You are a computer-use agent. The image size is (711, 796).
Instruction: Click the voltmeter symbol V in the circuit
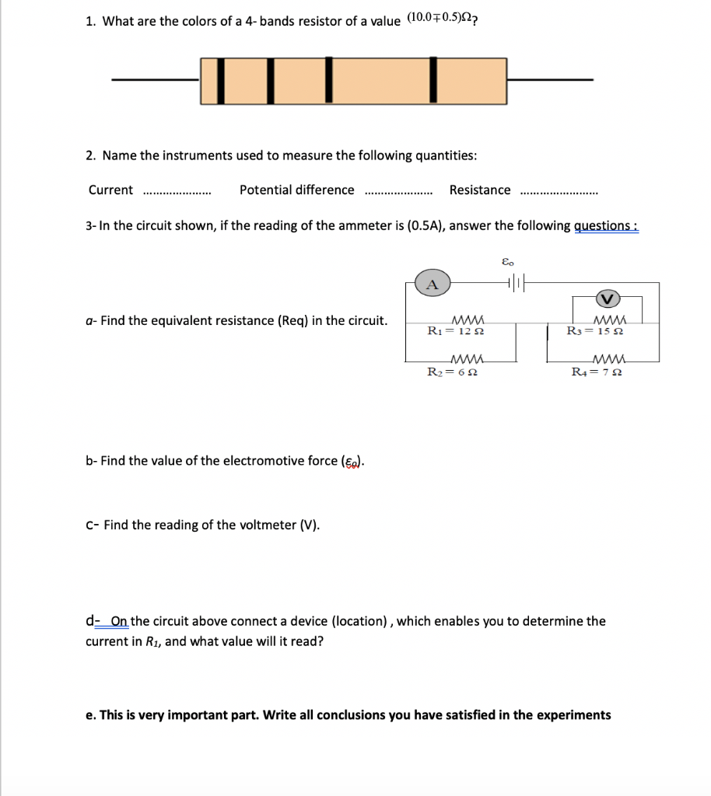(x=607, y=297)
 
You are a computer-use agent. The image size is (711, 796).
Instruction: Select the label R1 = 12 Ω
(x=457, y=331)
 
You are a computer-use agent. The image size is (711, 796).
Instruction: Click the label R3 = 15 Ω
(x=596, y=331)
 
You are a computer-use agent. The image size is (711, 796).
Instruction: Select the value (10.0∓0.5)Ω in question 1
(x=440, y=19)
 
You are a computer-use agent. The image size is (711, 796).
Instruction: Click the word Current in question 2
(x=110, y=190)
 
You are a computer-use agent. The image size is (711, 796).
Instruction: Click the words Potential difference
(x=296, y=190)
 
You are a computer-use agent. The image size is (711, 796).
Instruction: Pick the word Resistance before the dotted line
(x=480, y=190)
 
